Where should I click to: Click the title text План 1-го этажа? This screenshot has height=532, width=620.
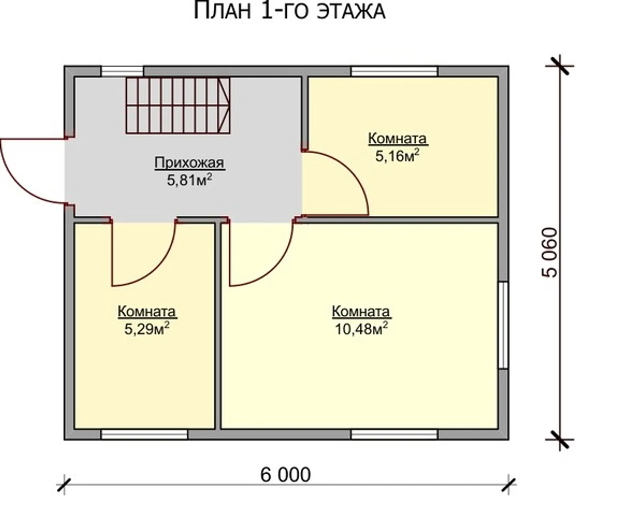[x=289, y=11]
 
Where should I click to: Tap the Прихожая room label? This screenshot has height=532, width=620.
[x=189, y=163]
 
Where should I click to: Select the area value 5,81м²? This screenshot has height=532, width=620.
[x=189, y=180]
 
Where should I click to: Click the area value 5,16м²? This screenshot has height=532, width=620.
[x=398, y=156]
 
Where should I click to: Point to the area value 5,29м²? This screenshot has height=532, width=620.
[x=147, y=329]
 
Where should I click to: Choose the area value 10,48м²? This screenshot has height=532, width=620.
[x=362, y=329]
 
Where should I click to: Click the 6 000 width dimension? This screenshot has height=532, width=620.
[x=286, y=475]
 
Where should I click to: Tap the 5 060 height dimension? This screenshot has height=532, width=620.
[x=550, y=252]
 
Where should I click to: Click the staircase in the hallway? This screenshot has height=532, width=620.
[x=178, y=105]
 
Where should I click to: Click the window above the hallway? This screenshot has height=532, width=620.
[x=122, y=72]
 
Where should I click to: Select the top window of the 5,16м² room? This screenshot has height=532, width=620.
[x=394, y=72]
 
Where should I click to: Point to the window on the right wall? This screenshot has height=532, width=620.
[x=503, y=325]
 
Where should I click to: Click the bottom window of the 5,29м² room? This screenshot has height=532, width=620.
[x=144, y=434]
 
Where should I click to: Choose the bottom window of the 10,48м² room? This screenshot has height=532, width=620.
[x=394, y=434]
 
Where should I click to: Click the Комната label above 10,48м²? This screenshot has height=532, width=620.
[x=361, y=312]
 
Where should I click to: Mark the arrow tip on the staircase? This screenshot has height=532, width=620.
[x=230, y=105]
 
